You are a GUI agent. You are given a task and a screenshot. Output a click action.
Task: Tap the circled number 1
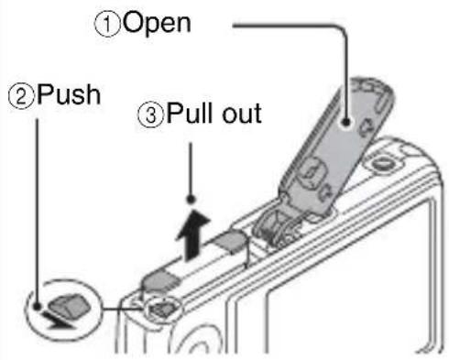point(107,25)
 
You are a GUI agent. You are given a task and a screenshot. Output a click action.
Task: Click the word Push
point(69,95)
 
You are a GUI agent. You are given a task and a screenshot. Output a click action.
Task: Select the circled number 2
point(21,97)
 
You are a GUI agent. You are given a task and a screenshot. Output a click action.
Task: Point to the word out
point(242,114)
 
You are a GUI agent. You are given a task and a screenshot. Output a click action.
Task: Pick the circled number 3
point(151,115)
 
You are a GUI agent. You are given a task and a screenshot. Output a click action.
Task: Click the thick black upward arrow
point(192,235)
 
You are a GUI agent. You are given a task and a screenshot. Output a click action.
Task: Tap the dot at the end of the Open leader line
point(346,122)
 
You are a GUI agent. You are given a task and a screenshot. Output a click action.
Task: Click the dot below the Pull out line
point(192,200)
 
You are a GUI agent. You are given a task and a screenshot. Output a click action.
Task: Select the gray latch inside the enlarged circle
point(70,305)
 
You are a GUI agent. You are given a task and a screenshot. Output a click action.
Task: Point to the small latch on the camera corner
point(162,309)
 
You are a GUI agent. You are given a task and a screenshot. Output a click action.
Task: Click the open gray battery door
point(336,147)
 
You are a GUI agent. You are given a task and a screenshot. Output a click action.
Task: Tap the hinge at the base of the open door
point(277,227)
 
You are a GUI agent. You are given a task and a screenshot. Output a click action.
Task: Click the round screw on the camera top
point(384,163)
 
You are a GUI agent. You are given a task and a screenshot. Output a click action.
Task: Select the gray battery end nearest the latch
point(160,280)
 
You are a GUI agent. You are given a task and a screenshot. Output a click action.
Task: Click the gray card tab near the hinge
point(231,240)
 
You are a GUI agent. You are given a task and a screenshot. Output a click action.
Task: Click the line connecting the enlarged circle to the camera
point(122,309)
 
